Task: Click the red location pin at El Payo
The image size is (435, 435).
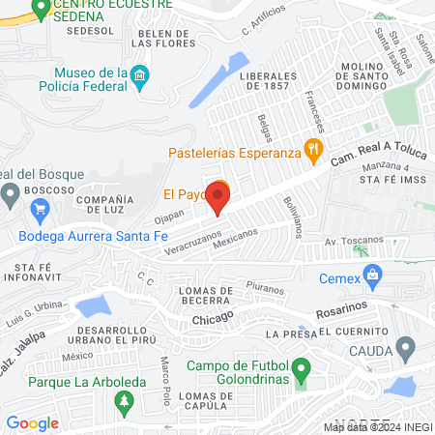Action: [x=217, y=198]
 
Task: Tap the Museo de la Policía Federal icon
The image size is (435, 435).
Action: [x=138, y=75]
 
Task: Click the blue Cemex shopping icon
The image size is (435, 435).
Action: [x=368, y=278]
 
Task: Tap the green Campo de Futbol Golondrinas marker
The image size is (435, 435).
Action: [x=301, y=368]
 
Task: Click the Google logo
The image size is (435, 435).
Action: [x=32, y=422]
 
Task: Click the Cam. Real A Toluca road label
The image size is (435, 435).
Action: [x=373, y=153]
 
